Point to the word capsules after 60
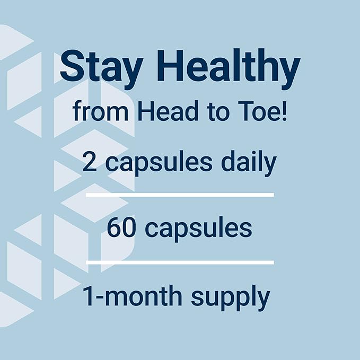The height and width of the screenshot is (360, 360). tap(198, 229)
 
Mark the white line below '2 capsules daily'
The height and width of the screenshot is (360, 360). tap(180, 195)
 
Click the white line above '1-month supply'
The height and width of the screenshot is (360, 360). tap(180, 262)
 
